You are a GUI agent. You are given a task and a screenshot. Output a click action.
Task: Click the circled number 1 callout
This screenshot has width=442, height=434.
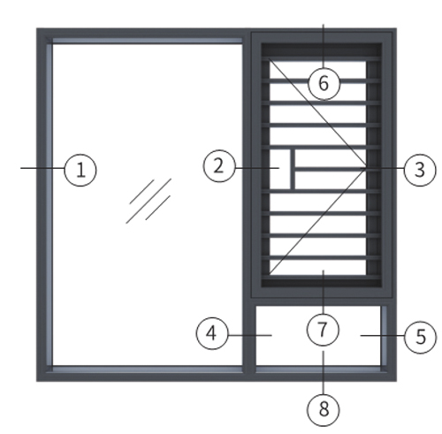(80, 170)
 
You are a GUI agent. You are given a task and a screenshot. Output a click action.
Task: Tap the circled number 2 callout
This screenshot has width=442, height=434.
(219, 166)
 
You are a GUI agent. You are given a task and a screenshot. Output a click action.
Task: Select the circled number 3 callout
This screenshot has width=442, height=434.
(420, 170)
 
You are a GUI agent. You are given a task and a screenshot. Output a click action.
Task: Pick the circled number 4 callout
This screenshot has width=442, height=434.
(212, 333)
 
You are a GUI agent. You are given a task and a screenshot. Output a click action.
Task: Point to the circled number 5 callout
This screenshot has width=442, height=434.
(420, 337)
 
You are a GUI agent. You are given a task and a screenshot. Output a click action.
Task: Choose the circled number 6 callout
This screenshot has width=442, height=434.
(324, 83)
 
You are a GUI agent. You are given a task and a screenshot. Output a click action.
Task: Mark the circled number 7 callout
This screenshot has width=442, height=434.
(323, 330)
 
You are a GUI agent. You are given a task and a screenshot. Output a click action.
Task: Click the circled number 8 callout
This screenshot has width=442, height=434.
(324, 410)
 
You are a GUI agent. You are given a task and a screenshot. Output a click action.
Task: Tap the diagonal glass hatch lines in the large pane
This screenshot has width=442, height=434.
(149, 201)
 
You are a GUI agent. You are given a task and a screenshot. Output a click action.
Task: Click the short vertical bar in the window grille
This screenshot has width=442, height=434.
(293, 169)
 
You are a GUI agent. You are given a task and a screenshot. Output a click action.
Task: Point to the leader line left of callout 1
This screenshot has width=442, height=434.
(42, 168)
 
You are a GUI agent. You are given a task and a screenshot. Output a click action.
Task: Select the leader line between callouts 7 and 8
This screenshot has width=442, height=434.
(324, 372)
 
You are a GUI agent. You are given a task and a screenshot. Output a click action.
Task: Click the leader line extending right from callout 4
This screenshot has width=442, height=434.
(250, 335)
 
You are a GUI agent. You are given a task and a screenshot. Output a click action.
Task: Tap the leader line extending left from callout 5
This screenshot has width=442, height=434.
(383, 335)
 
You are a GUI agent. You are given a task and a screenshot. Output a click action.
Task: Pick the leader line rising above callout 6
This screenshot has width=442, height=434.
(324, 46)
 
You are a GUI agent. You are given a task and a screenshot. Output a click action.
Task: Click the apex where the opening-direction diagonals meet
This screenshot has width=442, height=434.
(366, 168)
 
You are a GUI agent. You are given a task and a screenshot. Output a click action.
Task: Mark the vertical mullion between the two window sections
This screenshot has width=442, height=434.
(247, 203)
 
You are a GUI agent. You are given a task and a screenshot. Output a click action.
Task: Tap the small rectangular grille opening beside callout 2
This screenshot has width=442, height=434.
(280, 169)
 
